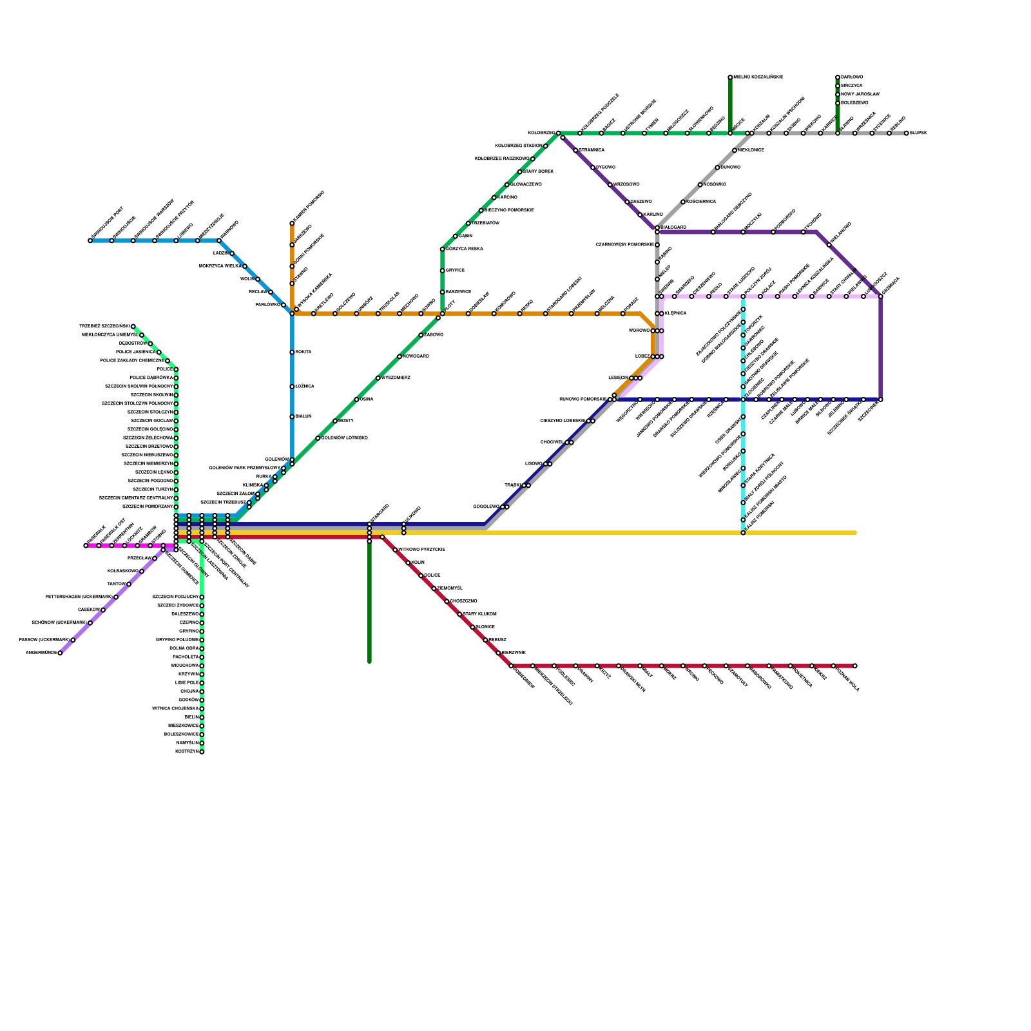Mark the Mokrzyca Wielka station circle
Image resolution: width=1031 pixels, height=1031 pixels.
coord(245,266)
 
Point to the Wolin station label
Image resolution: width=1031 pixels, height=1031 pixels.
coord(247,279)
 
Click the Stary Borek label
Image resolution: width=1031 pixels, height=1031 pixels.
coord(538,172)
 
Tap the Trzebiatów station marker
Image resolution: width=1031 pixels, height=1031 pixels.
coord(468,224)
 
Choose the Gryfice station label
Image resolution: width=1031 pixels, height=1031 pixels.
coord(455,271)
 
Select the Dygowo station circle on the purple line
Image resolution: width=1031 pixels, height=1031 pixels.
coord(593,168)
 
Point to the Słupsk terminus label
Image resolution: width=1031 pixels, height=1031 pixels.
coord(918,133)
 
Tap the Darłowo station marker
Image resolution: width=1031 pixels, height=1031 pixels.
coord(838,77)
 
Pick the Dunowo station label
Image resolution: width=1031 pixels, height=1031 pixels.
coord(730,168)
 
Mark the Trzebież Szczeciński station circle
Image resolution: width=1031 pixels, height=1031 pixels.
coord(133,327)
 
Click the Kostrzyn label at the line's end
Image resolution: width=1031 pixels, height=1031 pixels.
coord(187,752)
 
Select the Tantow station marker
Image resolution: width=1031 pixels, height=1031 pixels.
coord(129,584)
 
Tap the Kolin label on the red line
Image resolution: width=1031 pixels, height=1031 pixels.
coord(418,563)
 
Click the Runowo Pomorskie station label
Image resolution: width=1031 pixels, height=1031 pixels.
coord(583,400)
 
